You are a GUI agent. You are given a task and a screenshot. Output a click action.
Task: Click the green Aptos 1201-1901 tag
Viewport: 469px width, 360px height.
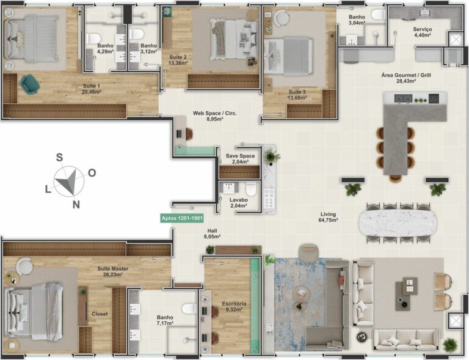point(181,218)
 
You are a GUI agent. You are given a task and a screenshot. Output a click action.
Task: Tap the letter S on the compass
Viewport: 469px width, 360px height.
point(59,157)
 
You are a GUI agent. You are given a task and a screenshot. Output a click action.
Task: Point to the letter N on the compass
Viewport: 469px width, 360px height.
point(76,205)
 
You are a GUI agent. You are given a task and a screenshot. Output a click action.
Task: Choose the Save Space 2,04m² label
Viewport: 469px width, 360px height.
point(240,159)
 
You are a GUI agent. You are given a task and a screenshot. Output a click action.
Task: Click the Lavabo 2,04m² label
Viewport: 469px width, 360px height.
point(238,202)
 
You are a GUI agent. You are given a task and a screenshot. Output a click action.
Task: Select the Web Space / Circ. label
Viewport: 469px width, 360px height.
point(215,116)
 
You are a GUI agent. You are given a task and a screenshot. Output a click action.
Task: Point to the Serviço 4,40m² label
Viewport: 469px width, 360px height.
point(423,32)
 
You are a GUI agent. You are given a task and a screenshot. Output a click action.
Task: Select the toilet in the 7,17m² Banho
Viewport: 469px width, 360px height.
point(189,309)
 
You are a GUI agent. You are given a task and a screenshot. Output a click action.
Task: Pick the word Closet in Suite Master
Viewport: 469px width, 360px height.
point(100,314)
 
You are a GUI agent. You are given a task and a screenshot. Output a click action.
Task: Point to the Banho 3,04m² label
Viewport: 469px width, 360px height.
point(357,20)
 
